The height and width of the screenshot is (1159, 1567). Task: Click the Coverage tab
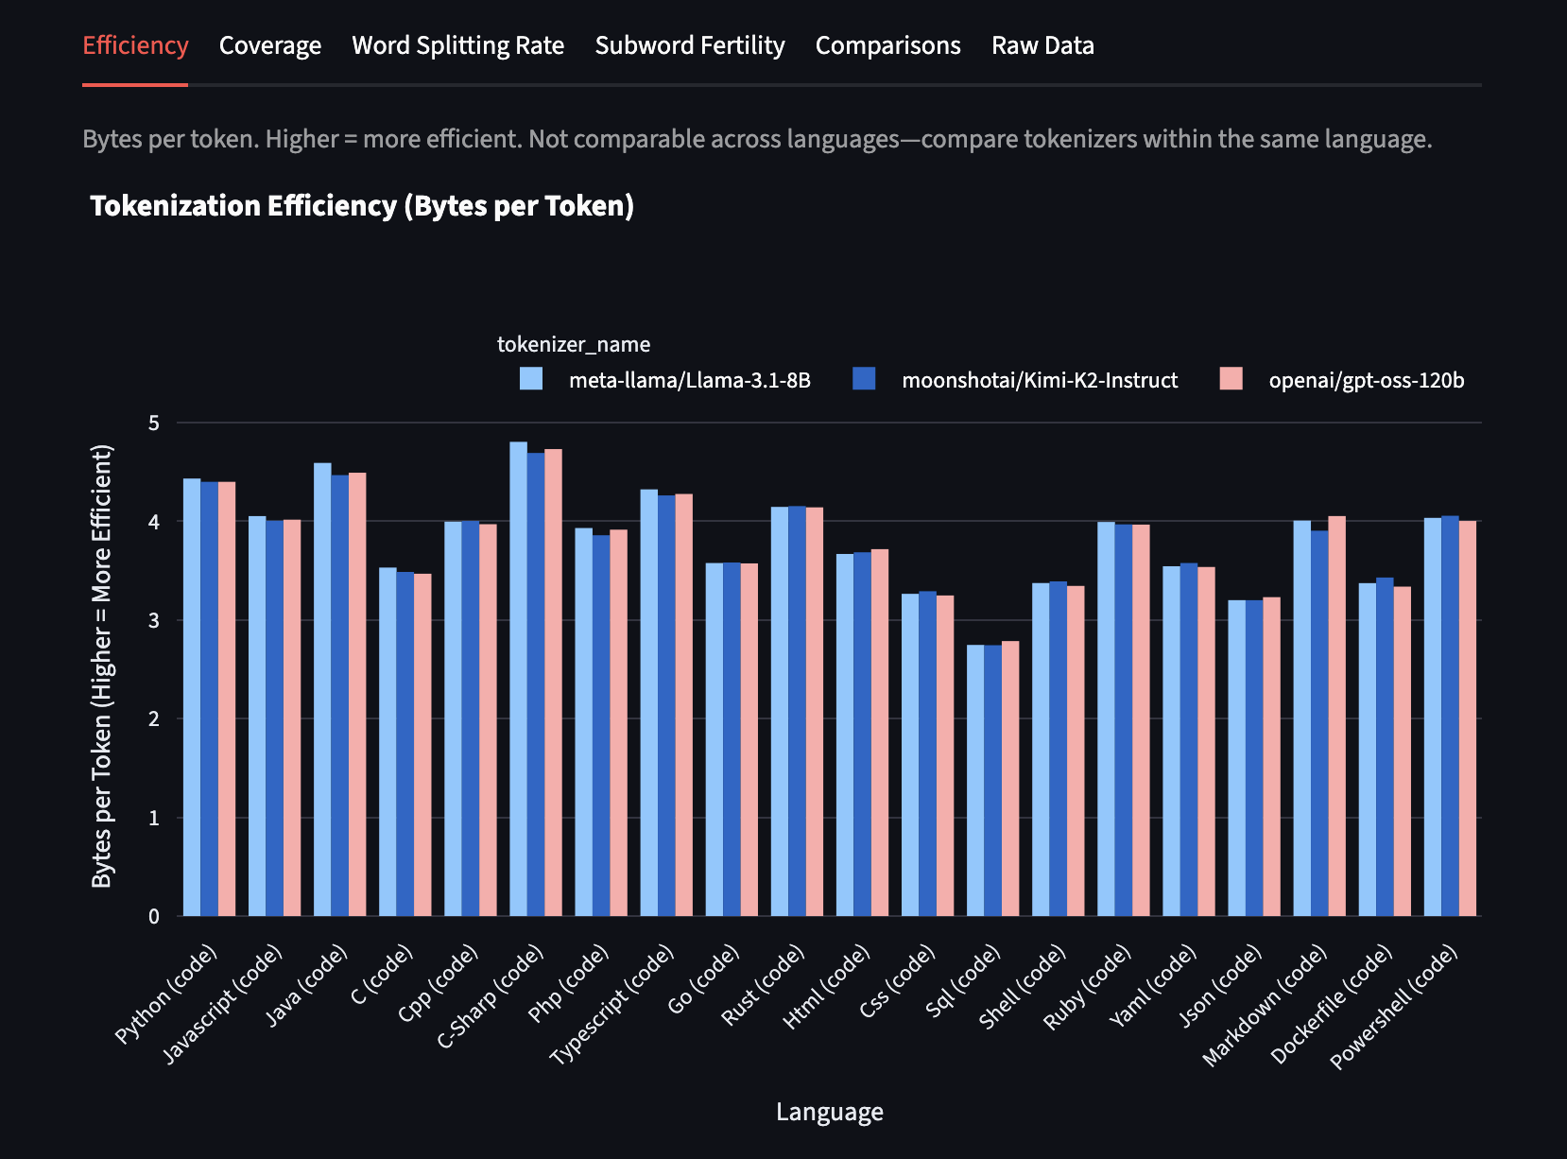269,45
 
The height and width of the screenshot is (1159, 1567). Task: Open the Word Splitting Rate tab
457,45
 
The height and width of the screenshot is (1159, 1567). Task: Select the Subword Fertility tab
689,45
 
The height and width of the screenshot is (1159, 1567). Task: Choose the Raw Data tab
1042,45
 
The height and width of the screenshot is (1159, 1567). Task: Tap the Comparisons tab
887,45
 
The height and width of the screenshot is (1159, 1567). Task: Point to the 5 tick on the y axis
154,424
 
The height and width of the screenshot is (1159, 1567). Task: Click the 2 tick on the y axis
154,719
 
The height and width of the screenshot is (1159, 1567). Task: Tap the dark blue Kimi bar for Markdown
1319,723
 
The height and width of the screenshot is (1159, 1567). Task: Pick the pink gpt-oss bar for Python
227,699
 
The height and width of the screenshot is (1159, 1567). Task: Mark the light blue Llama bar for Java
322,689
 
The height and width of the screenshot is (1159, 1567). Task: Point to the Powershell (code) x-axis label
1394,1007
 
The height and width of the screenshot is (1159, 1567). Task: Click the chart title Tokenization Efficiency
361,206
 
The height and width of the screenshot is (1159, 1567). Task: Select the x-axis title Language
829,1112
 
